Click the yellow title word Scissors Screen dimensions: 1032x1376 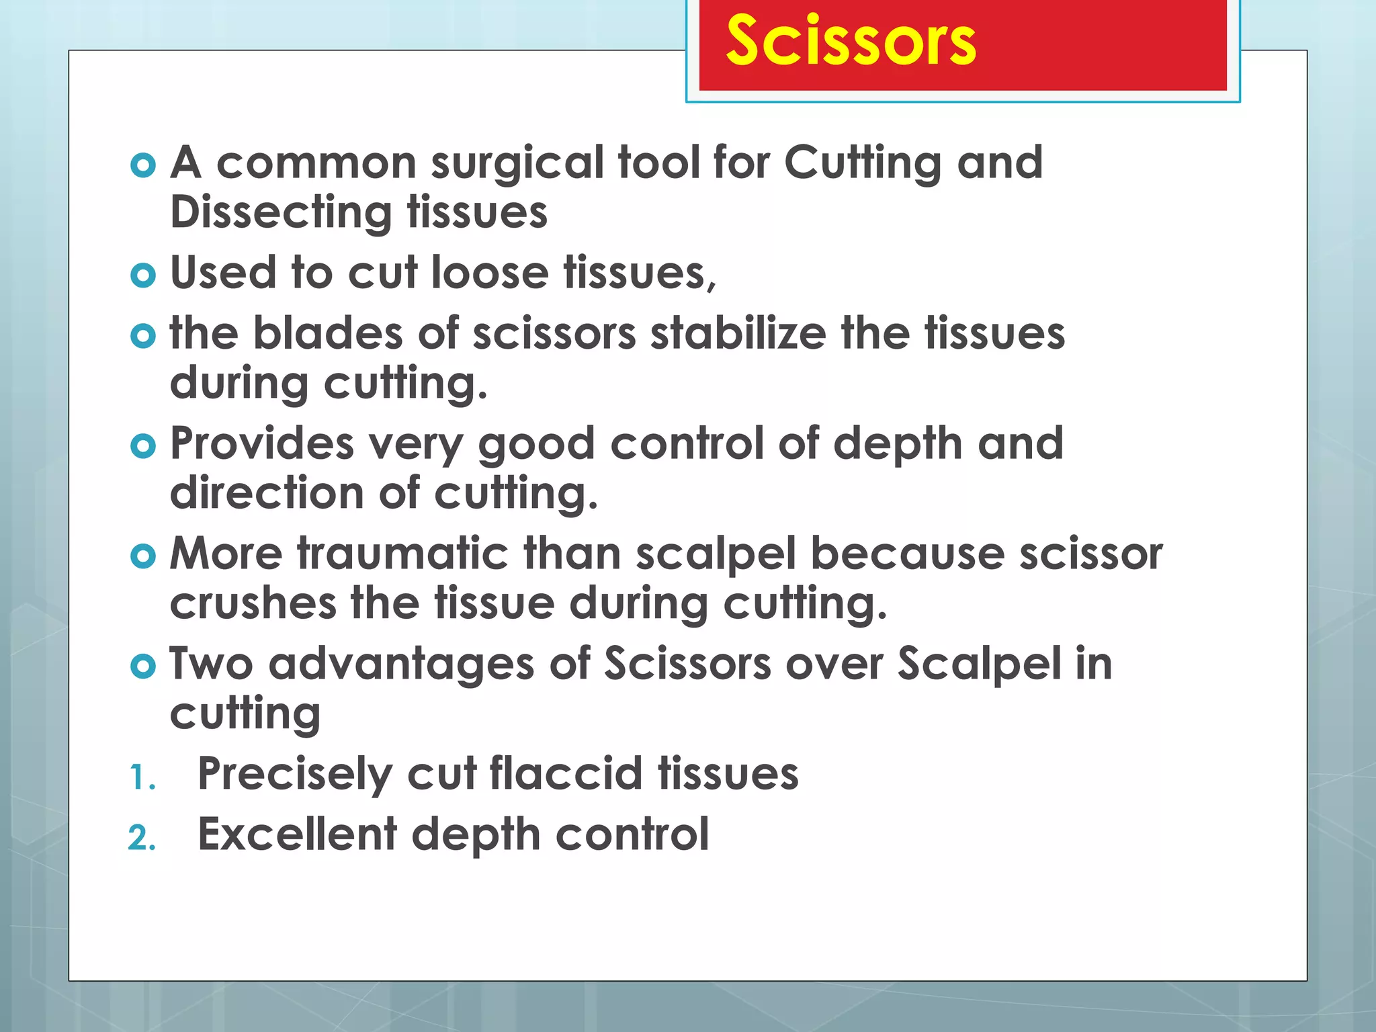point(851,42)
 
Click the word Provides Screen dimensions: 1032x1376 point(262,444)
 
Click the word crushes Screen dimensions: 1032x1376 point(253,603)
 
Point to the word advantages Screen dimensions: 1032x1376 point(402,664)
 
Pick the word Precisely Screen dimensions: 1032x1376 point(295,774)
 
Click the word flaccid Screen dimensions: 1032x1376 point(566,774)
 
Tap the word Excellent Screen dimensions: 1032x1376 point(297,835)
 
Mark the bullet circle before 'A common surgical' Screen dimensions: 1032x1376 point(143,165)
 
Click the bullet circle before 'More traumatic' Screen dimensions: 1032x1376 point(143,556)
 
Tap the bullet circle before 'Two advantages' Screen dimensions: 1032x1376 point(143,666)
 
